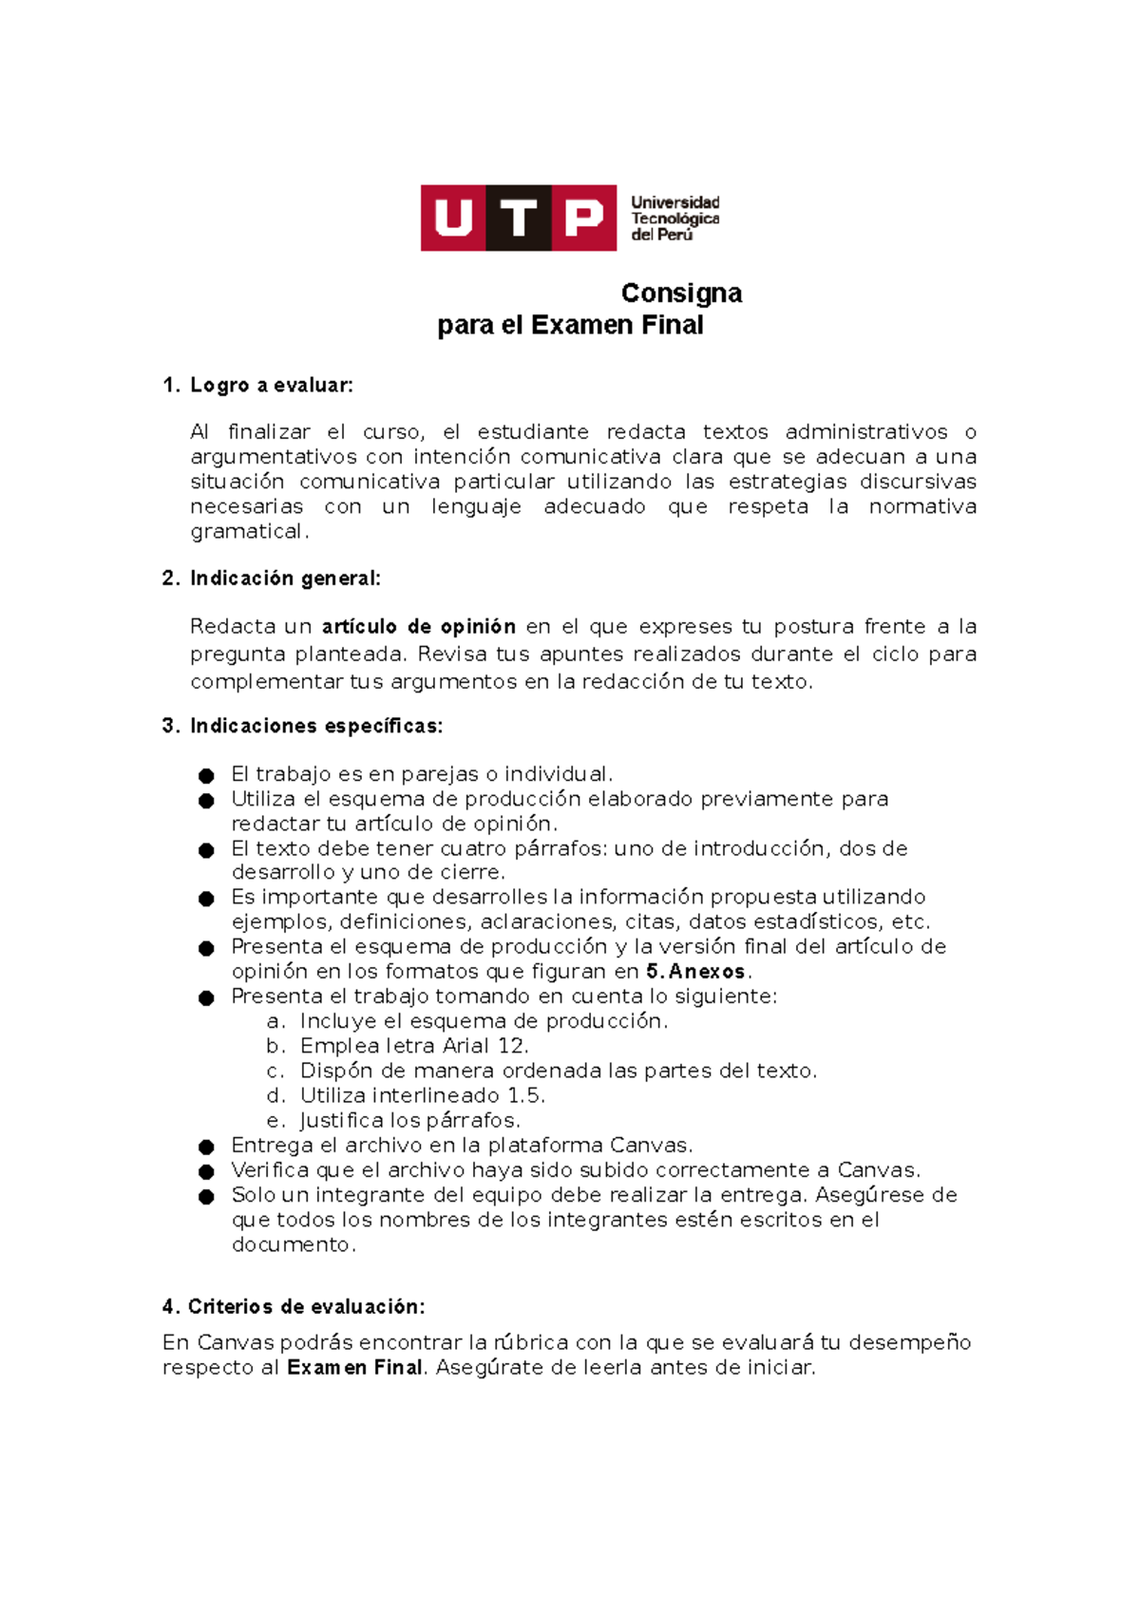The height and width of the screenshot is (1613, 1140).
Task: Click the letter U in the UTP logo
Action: click(453, 218)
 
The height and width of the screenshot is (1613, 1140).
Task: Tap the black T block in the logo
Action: click(519, 218)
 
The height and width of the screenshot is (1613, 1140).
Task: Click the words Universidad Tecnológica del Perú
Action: click(674, 218)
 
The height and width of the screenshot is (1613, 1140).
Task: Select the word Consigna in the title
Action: click(681, 293)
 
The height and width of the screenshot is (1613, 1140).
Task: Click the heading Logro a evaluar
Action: click(271, 385)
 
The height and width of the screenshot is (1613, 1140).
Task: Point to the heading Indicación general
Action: click(285, 579)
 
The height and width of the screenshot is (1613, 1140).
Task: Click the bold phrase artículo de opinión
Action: click(419, 627)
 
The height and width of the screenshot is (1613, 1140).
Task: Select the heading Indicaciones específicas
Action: click(315, 727)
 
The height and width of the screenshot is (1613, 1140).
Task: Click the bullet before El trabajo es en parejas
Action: click(206, 776)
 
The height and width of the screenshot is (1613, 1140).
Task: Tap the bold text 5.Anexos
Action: click(695, 972)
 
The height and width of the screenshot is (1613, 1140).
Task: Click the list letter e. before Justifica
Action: click(275, 1121)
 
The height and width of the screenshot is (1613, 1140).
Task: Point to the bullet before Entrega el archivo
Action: click(206, 1148)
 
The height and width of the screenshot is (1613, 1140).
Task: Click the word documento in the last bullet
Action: click(292, 1245)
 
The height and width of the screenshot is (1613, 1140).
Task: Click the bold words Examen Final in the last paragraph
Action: click(354, 1368)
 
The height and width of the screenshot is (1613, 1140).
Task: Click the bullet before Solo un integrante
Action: click(206, 1197)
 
